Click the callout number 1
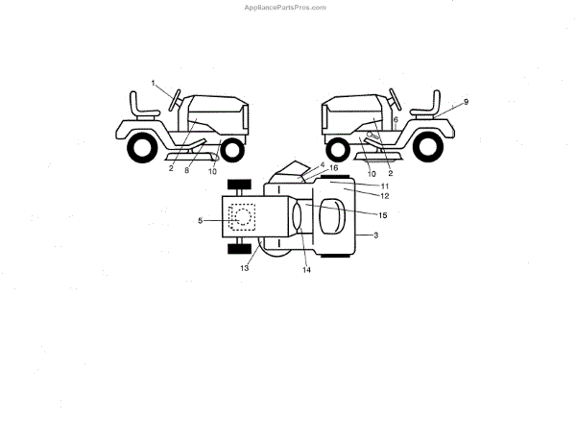pos(154,84)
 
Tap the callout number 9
pos(466,101)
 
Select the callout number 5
pos(201,221)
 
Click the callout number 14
pos(307,271)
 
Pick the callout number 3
pos(375,235)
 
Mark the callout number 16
pos(334,167)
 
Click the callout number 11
pos(357,186)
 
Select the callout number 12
pos(357,196)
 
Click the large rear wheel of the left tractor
pos(141,148)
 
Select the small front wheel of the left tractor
pos(231,149)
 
